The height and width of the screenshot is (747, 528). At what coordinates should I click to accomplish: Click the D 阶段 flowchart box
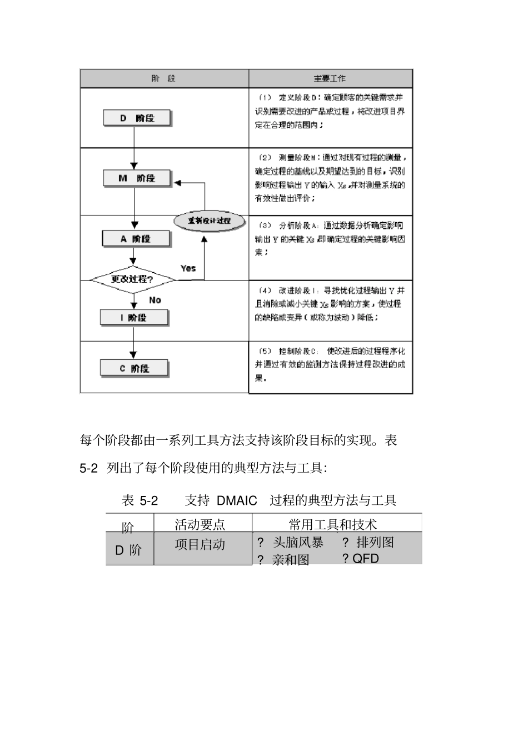[137, 118]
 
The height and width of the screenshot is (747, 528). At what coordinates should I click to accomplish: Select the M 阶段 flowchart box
[137, 178]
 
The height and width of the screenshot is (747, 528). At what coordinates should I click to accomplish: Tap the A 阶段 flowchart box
[136, 239]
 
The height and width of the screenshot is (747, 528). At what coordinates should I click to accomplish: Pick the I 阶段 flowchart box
[134, 318]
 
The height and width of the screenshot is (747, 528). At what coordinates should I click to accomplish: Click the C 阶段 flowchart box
[135, 368]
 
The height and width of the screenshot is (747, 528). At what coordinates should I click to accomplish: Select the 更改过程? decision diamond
[132, 279]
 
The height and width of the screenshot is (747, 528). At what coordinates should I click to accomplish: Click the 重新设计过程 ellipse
[209, 220]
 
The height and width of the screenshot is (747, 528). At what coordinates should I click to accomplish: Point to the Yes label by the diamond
[188, 268]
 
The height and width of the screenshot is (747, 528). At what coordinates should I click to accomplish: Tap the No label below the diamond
[155, 300]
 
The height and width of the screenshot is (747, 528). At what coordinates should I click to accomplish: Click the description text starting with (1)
[330, 111]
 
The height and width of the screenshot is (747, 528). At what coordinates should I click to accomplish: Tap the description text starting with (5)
[330, 365]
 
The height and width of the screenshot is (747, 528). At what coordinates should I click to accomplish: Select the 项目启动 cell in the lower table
[200, 544]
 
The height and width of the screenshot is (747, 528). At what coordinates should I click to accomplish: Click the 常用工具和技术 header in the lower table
[332, 524]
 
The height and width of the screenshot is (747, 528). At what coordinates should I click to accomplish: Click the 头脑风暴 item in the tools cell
[298, 542]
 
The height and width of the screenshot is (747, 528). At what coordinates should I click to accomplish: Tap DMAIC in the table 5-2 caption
[237, 500]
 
